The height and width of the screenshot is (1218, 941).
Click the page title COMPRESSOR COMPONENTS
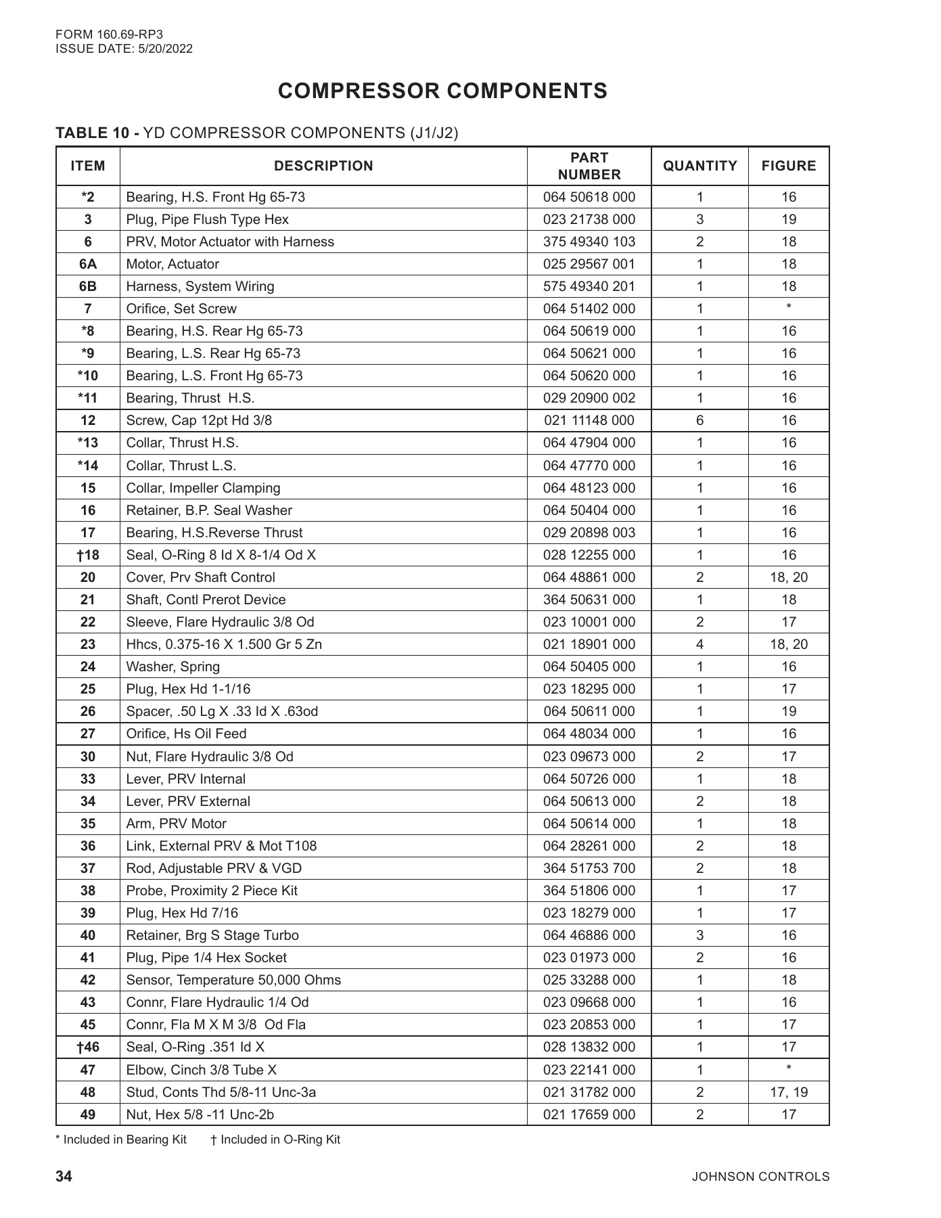pos(442,91)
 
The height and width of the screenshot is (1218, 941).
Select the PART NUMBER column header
pos(589,166)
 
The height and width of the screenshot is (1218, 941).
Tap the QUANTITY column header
pos(699,166)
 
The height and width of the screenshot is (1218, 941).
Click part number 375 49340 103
pos(589,242)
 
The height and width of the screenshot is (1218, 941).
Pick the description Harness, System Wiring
pos(200,286)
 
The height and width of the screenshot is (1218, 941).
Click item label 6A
pos(88,264)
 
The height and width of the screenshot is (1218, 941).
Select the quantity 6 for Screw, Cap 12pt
pos(699,420)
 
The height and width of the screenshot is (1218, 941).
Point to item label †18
pos(88,555)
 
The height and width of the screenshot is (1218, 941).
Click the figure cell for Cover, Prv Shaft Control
pos(788,577)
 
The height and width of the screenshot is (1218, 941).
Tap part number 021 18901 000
pos(589,644)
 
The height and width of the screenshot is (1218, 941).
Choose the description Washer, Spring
pos(173,667)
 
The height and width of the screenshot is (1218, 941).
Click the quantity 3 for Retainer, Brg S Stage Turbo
pos(699,935)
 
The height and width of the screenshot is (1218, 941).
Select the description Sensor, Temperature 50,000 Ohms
pos(233,980)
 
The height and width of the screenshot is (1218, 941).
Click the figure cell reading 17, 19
pos(788,1092)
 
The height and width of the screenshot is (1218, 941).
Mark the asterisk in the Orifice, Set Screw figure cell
pos(789,307)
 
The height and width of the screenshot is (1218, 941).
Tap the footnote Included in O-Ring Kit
pos(275,1140)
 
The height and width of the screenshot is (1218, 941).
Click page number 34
pos(64,1176)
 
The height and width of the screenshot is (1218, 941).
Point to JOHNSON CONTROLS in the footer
pos(760,1177)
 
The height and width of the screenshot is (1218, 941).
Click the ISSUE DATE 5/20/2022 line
pos(124,49)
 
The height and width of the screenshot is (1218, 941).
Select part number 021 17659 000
pos(589,1114)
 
